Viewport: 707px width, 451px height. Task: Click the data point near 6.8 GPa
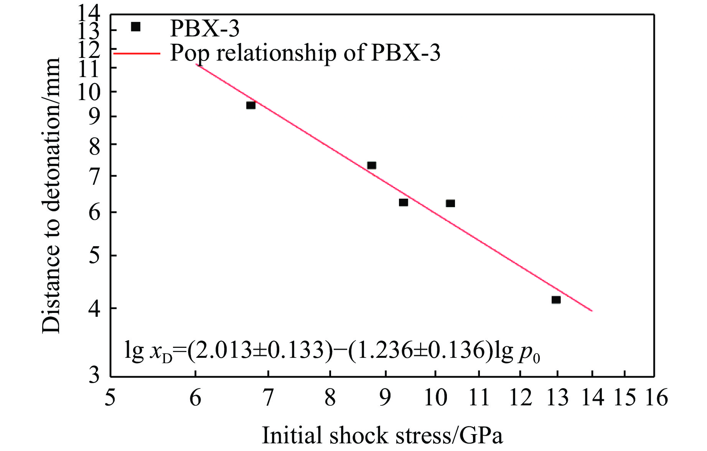[x=251, y=105]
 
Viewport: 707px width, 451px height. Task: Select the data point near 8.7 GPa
[x=371, y=165]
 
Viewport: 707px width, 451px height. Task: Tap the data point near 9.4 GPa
[x=403, y=202]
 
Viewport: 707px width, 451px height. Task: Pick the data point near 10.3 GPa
[x=450, y=203]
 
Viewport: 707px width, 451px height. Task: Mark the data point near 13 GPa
[x=556, y=300]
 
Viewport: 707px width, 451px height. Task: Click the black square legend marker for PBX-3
[x=136, y=26]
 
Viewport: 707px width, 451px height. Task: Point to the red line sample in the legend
[x=137, y=53]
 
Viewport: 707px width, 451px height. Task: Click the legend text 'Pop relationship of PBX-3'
[x=305, y=53]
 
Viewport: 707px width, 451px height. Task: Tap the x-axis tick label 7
[x=268, y=398]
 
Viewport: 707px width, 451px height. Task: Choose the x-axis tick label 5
[x=110, y=398]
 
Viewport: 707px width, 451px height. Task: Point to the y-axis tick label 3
[x=94, y=375]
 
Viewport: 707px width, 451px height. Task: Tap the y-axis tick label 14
[x=89, y=14]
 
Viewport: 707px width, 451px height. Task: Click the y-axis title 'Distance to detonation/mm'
[x=51, y=195]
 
